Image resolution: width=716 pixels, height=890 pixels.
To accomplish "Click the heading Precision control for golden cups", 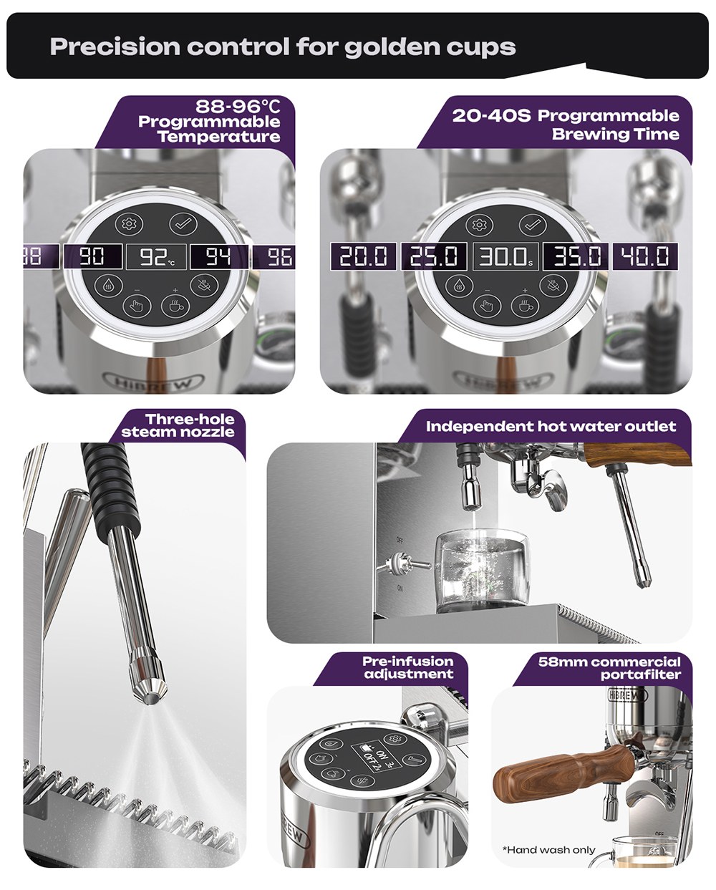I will tap(283, 47).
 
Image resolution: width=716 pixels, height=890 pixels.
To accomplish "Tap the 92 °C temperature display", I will tap(156, 256).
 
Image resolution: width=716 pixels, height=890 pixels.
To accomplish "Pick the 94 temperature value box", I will tap(218, 256).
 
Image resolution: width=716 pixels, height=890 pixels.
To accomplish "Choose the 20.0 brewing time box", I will tap(362, 256).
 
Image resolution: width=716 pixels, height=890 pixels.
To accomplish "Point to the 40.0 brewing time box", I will tap(645, 256).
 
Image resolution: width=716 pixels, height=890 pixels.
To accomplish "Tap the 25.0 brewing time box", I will tap(433, 256).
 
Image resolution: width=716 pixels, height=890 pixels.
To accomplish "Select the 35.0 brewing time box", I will tap(576, 256).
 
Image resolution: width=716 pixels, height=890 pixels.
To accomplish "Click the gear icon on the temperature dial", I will tap(130, 223).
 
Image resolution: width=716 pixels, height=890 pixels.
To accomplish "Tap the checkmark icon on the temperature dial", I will tap(183, 224).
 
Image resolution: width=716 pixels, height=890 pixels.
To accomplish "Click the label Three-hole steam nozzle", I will tap(178, 425).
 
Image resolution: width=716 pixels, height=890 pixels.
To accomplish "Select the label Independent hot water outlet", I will tap(551, 427).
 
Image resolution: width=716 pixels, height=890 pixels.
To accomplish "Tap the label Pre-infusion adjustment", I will tap(408, 667).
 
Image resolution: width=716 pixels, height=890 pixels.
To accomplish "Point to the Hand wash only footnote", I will tap(549, 850).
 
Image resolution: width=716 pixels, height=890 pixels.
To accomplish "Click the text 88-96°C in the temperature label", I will tap(238, 107).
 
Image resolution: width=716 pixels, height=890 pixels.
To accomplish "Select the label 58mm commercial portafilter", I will tap(609, 667).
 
